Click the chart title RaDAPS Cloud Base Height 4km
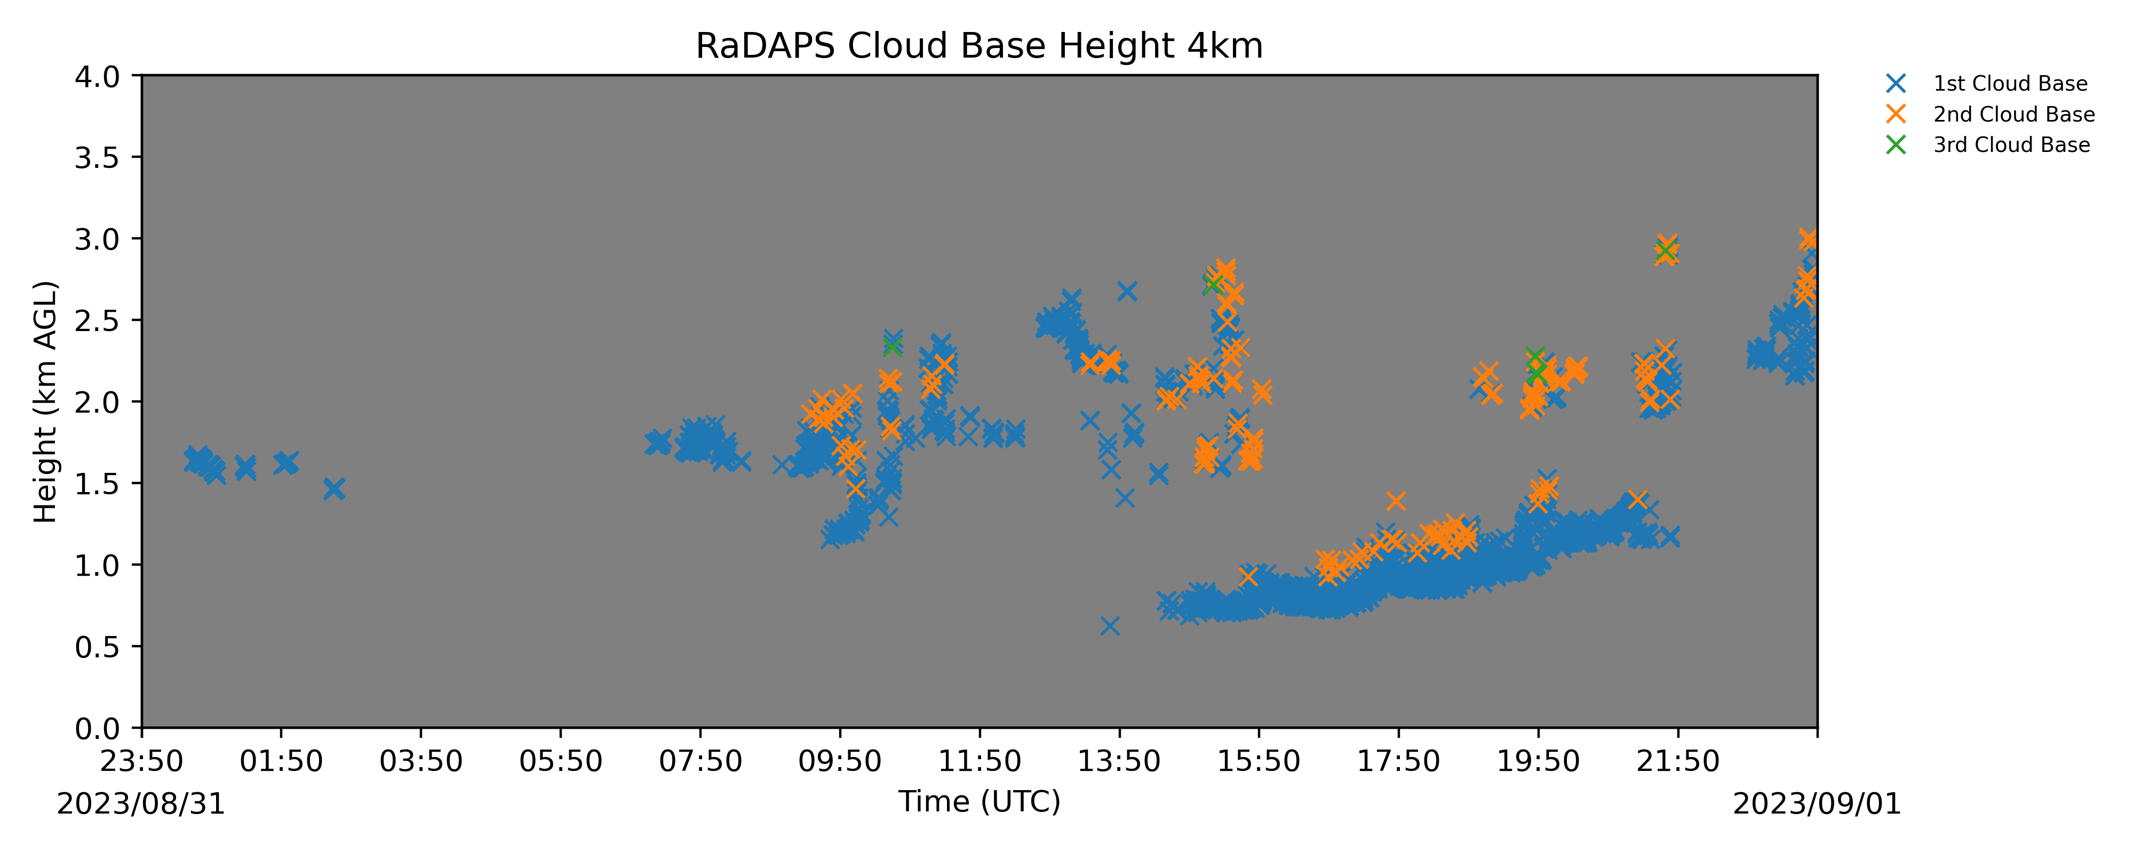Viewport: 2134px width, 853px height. tap(979, 46)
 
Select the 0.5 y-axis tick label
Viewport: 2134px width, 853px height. tap(97, 647)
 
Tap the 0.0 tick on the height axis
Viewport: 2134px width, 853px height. tap(97, 729)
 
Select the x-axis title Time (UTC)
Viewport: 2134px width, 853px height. tap(979, 802)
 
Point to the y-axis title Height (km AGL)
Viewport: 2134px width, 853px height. tap(45, 401)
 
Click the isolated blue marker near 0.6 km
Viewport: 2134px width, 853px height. tap(1110, 625)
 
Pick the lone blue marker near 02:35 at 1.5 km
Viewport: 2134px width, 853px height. tap(334, 489)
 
